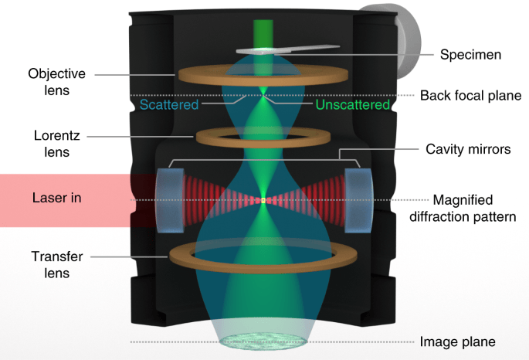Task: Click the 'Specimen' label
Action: tap(470, 55)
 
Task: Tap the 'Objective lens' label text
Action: tap(56, 82)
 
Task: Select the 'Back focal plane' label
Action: tap(470, 96)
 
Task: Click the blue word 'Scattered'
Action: tap(169, 104)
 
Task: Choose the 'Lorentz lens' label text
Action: tap(56, 144)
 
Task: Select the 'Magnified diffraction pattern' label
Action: tap(474, 208)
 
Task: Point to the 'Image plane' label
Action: tap(456, 341)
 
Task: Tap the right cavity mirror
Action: tap(358, 200)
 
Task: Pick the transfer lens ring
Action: tap(263, 255)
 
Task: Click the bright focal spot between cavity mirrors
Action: tap(263, 200)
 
